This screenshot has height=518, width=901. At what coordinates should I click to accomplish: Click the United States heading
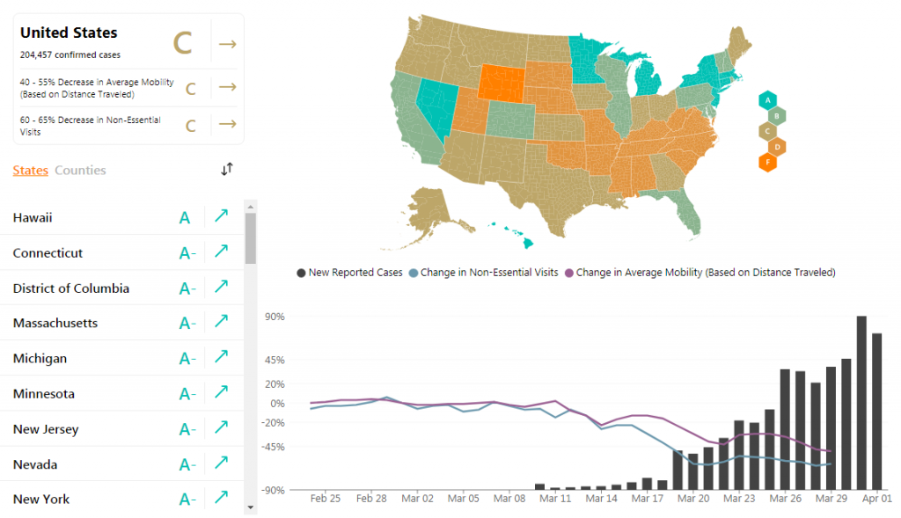pos(69,33)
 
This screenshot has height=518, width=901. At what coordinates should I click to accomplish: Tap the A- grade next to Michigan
pos(187,358)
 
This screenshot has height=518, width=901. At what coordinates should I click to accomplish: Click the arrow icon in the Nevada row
pos(222,463)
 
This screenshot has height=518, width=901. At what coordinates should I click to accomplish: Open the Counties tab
pos(80,170)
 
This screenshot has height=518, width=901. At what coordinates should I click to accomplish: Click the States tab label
pos(30,170)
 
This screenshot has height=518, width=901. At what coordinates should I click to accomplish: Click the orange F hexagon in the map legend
pos(768,162)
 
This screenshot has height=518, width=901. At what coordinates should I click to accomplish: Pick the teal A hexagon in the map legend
pos(768,99)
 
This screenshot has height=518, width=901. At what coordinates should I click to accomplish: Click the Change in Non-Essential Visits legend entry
pos(483,273)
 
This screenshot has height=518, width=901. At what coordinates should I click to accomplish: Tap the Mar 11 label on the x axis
pos(555,498)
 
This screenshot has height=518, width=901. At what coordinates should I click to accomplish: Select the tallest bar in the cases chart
pos(861,402)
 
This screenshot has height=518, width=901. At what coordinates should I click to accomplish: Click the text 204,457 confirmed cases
pos(70,54)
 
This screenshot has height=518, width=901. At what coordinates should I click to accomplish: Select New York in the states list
pos(41,499)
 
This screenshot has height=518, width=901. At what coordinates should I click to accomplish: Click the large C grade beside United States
pos(182,43)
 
